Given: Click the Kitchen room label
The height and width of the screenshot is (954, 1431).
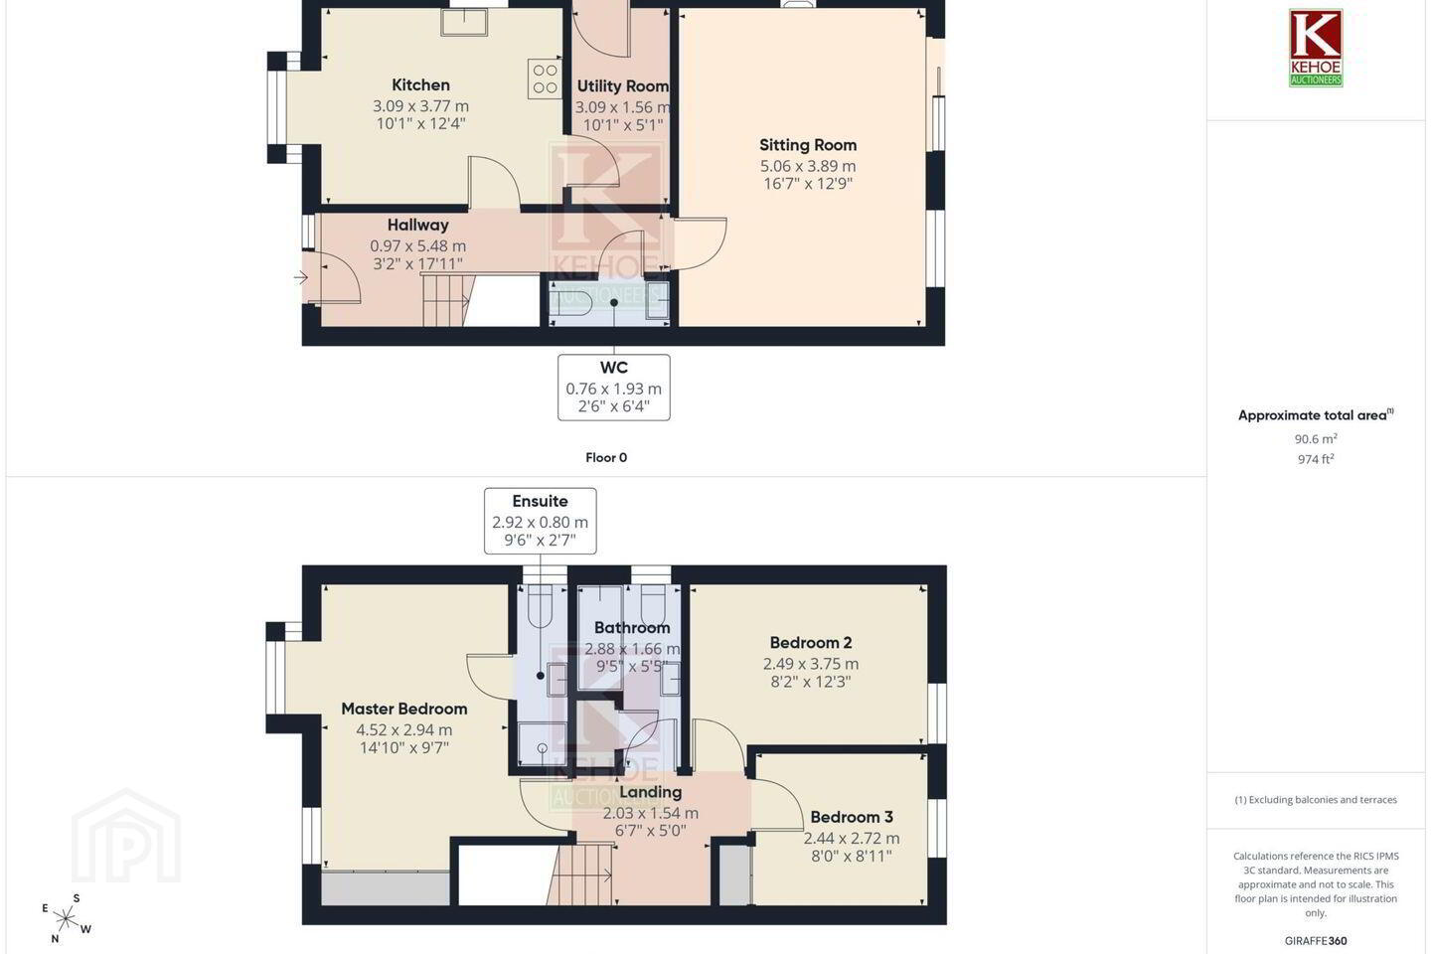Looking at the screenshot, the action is pyautogui.click(x=420, y=85).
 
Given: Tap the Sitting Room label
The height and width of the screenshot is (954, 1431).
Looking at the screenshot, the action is pyautogui.click(x=808, y=145).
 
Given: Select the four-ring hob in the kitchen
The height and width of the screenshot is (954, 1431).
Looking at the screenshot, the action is pyautogui.click(x=545, y=79).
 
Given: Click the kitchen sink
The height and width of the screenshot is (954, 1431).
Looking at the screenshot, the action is pyautogui.click(x=464, y=23).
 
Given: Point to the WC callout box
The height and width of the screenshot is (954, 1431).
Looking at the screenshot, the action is pyautogui.click(x=614, y=388).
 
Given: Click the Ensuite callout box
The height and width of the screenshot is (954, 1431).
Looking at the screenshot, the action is pyautogui.click(x=541, y=521).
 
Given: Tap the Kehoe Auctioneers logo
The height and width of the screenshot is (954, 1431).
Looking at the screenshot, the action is pyautogui.click(x=1316, y=48).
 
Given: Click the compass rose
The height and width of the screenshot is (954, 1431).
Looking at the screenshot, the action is pyautogui.click(x=66, y=919).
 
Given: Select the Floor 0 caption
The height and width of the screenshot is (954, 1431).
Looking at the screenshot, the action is pyautogui.click(x=606, y=457).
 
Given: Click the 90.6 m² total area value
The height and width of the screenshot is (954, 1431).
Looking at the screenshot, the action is pyautogui.click(x=1316, y=439).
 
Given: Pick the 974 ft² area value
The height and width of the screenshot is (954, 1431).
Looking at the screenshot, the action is pyautogui.click(x=1316, y=459).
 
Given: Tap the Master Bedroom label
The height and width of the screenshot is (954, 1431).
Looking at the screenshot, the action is pyautogui.click(x=403, y=709).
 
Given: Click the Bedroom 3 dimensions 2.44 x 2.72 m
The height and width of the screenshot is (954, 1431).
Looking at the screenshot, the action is pyautogui.click(x=851, y=838).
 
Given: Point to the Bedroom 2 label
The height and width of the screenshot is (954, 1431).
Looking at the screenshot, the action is pyautogui.click(x=811, y=642).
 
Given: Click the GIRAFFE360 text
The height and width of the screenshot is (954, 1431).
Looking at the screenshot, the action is pyautogui.click(x=1316, y=940).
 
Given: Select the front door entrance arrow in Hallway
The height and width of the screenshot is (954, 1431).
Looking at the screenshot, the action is pyautogui.click(x=301, y=277).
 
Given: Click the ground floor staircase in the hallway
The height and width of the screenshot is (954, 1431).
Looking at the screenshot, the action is pyautogui.click(x=446, y=300).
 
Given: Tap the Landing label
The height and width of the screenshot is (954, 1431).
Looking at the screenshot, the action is pyautogui.click(x=650, y=792).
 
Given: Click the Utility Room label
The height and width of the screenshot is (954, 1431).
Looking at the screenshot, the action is pyautogui.click(x=623, y=86).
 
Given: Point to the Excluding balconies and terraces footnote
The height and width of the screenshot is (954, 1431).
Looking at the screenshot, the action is pyautogui.click(x=1316, y=799).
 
